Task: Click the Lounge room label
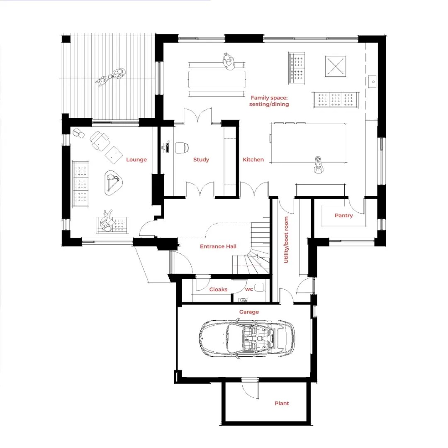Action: (136, 160)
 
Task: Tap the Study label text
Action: (201, 160)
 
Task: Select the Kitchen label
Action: (253, 160)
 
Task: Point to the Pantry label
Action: (343, 216)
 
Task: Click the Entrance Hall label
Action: (218, 246)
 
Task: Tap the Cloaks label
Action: (218, 289)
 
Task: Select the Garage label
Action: (249, 312)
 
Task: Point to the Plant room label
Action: (282, 403)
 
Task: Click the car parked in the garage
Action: (247, 338)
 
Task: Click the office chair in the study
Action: (182, 147)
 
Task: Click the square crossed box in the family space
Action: (334, 66)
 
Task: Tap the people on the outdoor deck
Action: (111, 77)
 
